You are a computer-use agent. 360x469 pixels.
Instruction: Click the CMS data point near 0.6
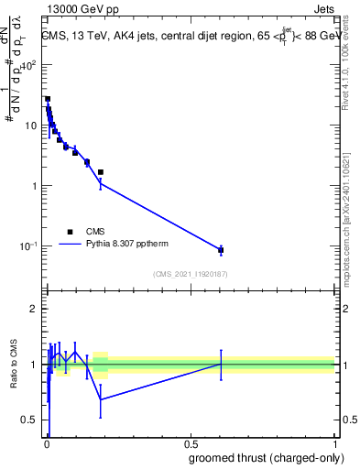pyautogui.click(x=221, y=250)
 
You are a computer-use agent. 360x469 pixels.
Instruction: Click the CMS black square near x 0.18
pyautogui.click(x=101, y=172)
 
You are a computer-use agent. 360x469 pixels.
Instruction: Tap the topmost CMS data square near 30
pyautogui.click(x=48, y=99)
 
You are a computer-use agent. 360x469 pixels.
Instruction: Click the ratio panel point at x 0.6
pyautogui.click(x=221, y=364)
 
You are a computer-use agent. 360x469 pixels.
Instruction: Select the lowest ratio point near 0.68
pyautogui.click(x=101, y=399)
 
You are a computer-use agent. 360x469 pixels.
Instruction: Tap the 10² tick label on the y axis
pyautogui.click(x=29, y=65)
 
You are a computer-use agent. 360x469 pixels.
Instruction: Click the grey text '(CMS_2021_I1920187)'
pyautogui.click(x=190, y=273)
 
